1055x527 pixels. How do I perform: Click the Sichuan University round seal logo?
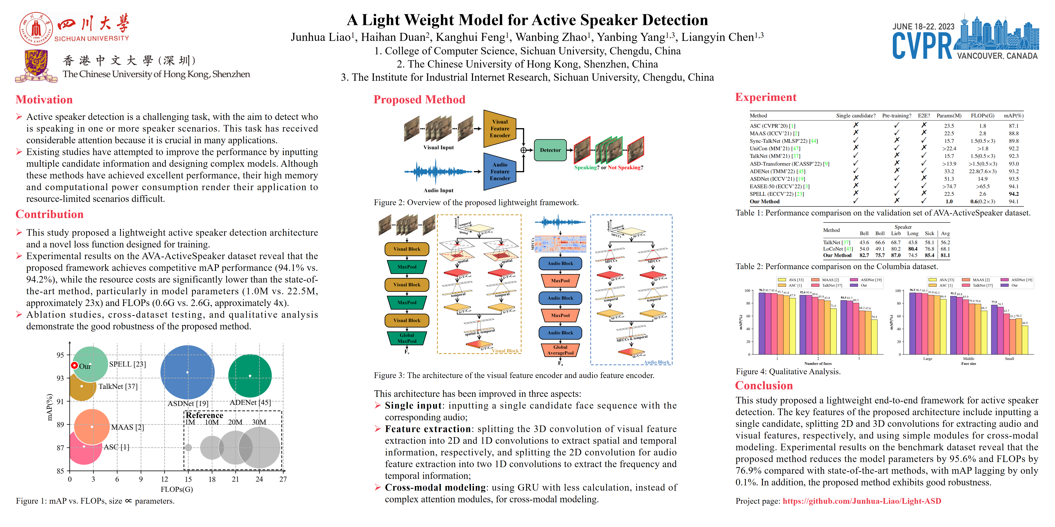[x=36, y=28]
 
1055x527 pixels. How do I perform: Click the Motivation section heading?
[x=44, y=99]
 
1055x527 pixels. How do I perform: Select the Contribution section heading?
[x=49, y=214]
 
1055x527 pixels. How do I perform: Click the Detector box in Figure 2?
[x=550, y=150]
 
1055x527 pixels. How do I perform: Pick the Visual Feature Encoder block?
[x=500, y=129]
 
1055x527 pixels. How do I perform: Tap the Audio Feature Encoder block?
[x=500, y=172]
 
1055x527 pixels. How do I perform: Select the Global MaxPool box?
[x=407, y=338]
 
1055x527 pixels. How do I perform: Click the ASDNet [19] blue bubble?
[x=188, y=372]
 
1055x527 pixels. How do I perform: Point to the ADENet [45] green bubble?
[x=250, y=376]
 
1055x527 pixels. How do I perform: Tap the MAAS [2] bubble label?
[x=127, y=427]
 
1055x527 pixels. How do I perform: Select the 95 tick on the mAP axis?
[x=60, y=355]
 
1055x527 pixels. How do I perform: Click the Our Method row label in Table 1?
[x=764, y=201]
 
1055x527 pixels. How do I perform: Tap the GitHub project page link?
[x=862, y=501]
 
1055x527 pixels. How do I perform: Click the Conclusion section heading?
[x=764, y=385]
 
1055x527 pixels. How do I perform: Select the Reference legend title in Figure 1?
[x=204, y=415]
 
